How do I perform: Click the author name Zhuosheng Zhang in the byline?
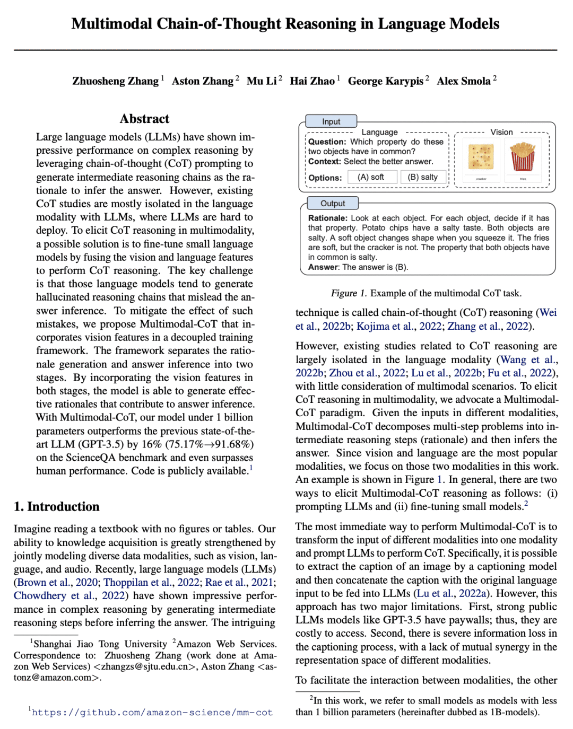tap(115, 81)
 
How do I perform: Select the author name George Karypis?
tap(386, 81)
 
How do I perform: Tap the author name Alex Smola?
tap(464, 81)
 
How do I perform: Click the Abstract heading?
tap(144, 119)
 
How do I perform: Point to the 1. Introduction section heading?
tap(57, 507)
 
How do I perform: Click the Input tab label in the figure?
tap(331, 121)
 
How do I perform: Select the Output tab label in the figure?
tap(333, 203)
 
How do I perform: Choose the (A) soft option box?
tap(372, 177)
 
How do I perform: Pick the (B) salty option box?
tap(423, 177)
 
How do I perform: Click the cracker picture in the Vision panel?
tap(481, 157)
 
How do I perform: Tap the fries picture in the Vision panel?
tap(523, 157)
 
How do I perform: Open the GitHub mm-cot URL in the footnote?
tap(152, 713)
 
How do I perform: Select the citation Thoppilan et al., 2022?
tap(151, 582)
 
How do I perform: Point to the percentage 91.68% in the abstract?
tap(230, 444)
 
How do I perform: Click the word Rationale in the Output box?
tap(327, 218)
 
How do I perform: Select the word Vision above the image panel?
tap(501, 132)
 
